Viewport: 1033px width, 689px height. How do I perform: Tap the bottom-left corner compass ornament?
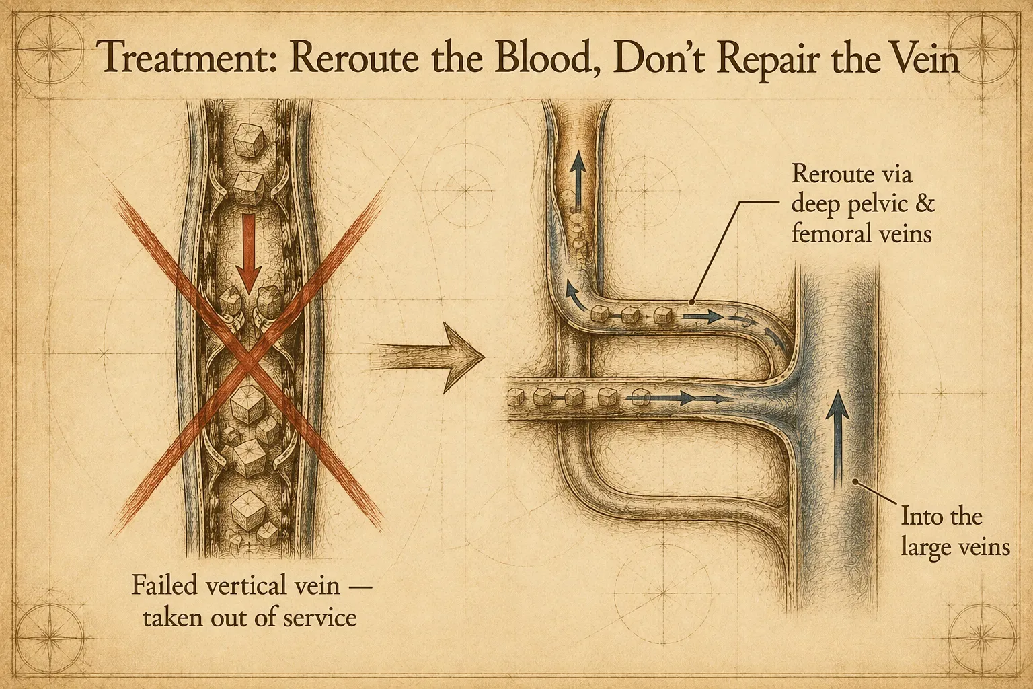48,640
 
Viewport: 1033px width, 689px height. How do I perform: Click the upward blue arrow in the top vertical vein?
578,184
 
